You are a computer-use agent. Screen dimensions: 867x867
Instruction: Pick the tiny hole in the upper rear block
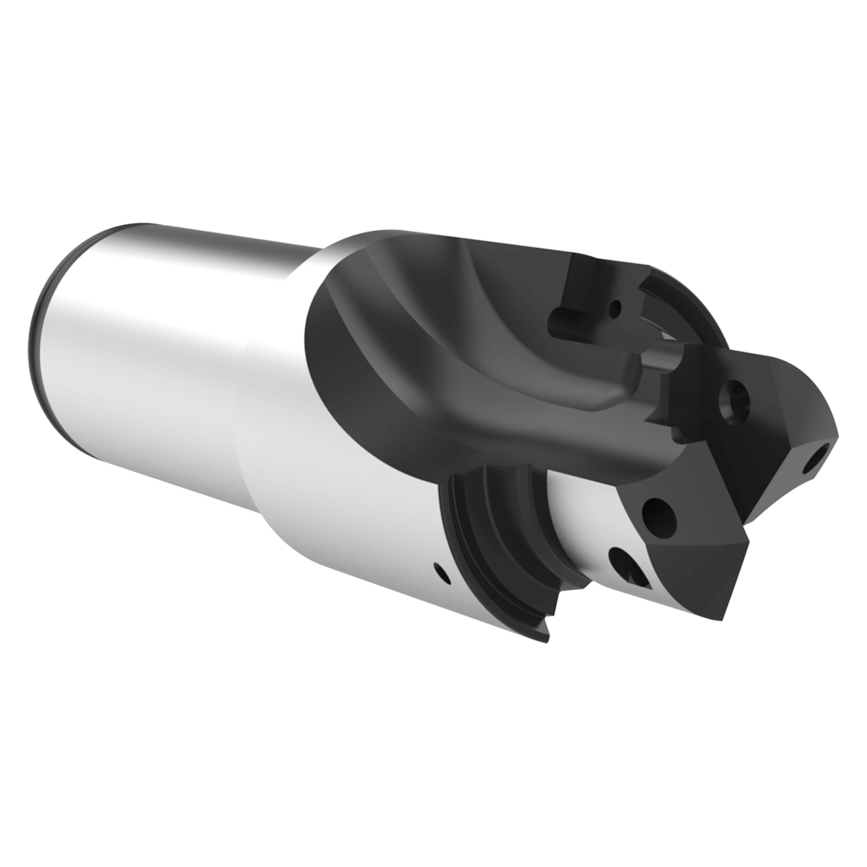[x=614, y=310]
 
